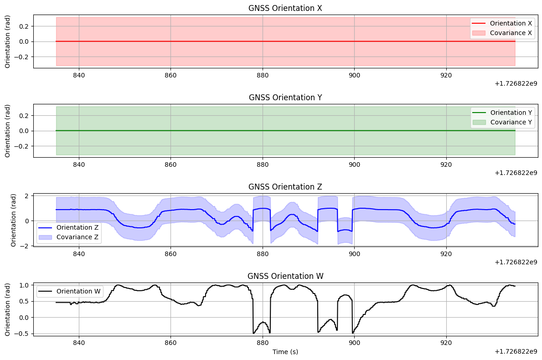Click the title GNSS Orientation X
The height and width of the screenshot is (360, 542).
[x=285, y=8]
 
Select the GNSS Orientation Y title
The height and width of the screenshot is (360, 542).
[x=285, y=98]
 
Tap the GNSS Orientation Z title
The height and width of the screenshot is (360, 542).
[x=285, y=187]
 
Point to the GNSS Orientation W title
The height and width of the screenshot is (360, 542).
[x=285, y=276]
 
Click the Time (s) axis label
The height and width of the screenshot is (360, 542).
[x=285, y=352]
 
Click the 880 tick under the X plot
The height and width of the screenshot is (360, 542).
[x=263, y=75]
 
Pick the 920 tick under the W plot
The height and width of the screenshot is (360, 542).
[x=446, y=343]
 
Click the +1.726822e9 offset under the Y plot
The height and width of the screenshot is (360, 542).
[x=516, y=173]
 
